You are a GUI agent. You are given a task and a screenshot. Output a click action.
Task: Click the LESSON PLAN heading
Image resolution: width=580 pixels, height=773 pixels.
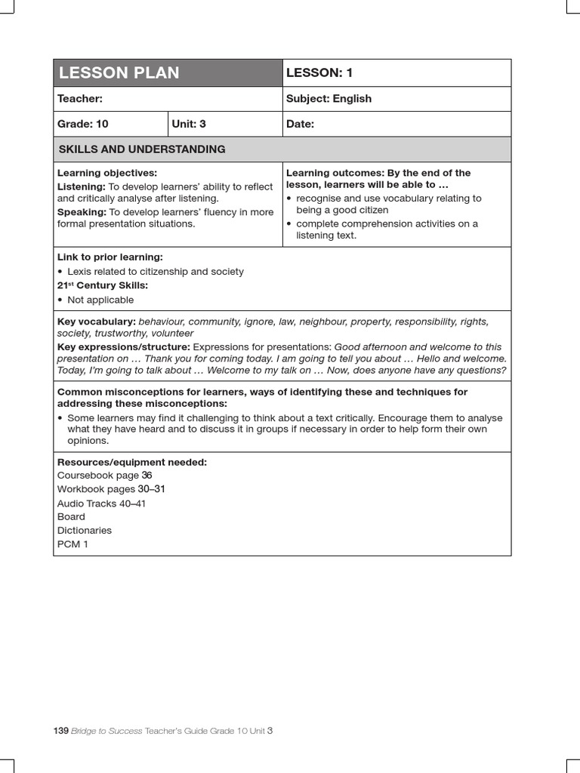(x=119, y=73)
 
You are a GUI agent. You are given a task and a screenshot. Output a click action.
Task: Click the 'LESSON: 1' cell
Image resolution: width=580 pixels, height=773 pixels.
(x=319, y=73)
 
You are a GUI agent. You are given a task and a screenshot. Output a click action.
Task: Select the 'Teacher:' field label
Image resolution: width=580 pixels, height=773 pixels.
(x=80, y=99)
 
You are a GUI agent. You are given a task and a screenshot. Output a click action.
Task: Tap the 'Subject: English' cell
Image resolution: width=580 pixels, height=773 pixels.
(x=329, y=99)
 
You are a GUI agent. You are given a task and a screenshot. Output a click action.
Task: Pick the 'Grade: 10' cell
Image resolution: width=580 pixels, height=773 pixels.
(x=83, y=124)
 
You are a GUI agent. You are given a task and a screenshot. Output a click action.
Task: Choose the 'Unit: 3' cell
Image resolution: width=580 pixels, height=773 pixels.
(x=189, y=124)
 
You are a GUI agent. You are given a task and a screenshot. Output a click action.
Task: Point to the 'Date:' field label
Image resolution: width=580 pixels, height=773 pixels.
(x=301, y=124)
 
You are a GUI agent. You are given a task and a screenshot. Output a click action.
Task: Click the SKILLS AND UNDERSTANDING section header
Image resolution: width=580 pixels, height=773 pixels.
(x=141, y=149)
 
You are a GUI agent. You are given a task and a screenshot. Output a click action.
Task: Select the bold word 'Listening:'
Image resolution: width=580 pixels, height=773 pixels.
(x=82, y=186)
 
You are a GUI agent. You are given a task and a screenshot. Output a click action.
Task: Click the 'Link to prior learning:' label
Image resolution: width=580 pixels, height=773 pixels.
(x=110, y=257)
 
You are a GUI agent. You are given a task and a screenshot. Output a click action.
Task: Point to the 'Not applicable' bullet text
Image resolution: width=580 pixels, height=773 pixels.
(x=100, y=300)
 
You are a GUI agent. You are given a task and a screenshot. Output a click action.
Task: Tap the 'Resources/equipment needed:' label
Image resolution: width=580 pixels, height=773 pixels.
(x=132, y=462)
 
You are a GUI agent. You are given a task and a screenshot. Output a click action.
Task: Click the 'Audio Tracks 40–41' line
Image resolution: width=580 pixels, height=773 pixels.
(x=101, y=504)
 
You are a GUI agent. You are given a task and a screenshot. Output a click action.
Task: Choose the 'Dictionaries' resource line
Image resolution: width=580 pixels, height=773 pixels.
(x=85, y=531)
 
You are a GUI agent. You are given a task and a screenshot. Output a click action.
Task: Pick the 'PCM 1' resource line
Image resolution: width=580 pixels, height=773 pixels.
(x=72, y=544)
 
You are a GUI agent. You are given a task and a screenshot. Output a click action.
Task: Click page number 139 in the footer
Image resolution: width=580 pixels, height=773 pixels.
(x=61, y=731)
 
